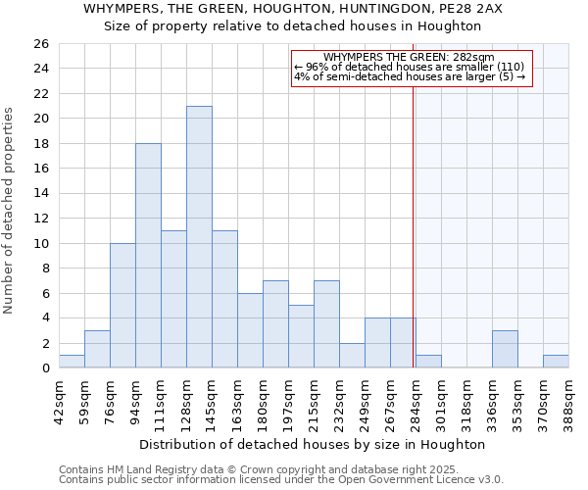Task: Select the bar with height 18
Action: (148, 256)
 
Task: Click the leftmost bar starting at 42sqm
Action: (72, 362)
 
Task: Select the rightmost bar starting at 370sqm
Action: (556, 362)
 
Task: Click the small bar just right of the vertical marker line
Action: (428, 362)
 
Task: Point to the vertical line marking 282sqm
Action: (414, 196)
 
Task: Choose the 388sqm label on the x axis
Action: (568, 402)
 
